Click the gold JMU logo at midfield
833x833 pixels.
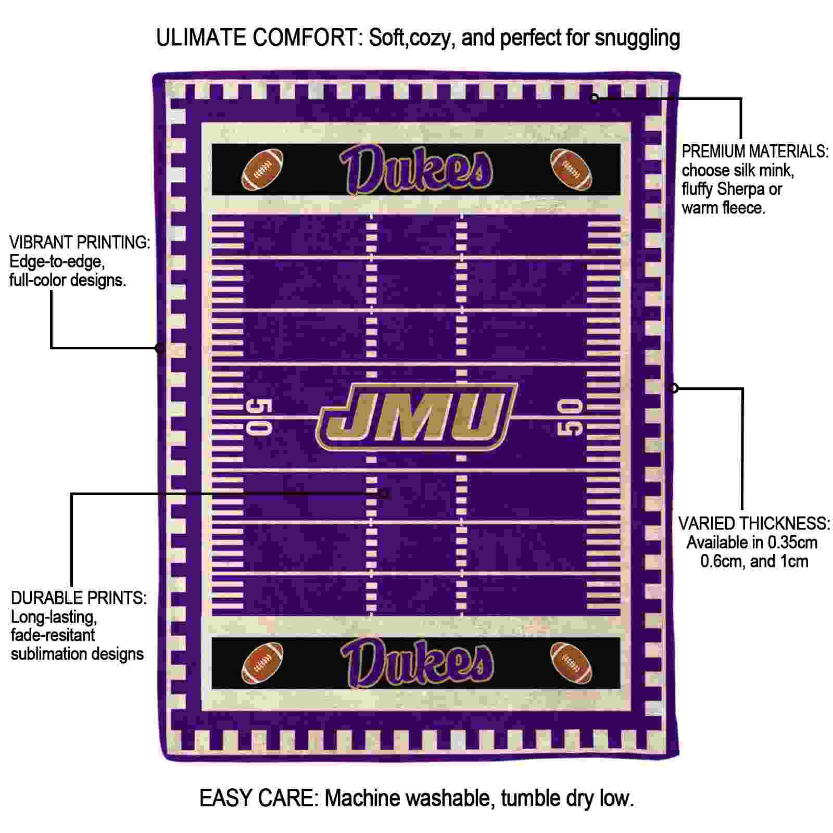(416, 417)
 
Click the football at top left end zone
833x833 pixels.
(263, 169)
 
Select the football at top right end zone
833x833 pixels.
(571, 169)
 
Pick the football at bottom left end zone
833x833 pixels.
(263, 662)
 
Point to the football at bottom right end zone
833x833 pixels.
(571, 662)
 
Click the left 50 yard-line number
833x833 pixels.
(259, 416)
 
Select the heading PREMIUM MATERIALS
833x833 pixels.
(755, 152)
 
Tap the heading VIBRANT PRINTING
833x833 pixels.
(80, 242)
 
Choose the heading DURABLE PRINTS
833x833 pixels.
(79, 598)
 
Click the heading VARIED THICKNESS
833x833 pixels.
(753, 523)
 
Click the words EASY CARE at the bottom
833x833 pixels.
(258, 798)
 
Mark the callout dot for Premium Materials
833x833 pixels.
(594, 98)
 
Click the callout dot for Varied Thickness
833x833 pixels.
(674, 387)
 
